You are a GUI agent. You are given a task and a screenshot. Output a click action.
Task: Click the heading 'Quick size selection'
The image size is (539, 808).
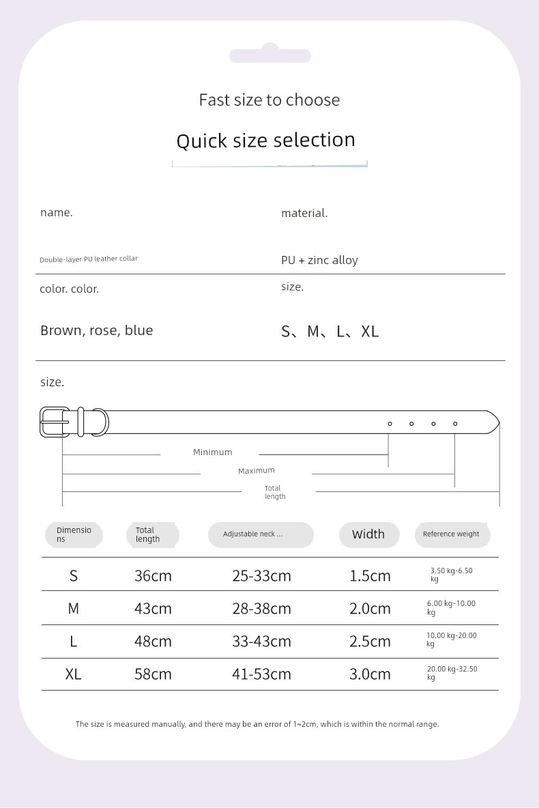265,141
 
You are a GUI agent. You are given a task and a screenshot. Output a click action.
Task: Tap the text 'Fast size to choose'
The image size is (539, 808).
269,100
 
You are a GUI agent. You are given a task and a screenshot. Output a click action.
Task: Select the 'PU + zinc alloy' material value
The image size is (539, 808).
319,260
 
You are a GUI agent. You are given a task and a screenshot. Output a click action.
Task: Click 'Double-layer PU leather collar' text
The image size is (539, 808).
89,259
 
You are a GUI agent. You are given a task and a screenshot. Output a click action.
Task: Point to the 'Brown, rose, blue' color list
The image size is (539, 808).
96,330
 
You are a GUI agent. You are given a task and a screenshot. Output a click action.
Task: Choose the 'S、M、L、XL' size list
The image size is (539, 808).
330,332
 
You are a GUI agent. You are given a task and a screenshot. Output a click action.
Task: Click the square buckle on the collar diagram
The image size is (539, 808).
55,422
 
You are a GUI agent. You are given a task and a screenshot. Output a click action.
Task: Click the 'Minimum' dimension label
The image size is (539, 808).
212,452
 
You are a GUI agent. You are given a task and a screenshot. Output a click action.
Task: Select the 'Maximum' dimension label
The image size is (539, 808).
256,471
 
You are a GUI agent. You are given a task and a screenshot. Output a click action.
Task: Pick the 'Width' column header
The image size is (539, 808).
368,534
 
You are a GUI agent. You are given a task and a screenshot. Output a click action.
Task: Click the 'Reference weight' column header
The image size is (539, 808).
451,534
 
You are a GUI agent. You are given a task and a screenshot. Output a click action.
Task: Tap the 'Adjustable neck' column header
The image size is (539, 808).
252,534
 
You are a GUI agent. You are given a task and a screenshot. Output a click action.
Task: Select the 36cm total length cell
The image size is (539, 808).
153,576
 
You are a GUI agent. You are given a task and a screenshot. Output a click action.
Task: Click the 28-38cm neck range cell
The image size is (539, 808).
261,609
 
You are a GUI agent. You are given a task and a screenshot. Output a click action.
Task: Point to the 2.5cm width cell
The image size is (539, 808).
370,641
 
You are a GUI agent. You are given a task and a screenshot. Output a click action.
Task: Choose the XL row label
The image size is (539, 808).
73,674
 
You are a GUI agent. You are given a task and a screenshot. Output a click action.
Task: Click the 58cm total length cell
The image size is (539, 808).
153,674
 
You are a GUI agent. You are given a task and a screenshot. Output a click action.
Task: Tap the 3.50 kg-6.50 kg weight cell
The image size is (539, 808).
451,575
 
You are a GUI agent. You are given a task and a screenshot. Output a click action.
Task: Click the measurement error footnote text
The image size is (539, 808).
257,724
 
